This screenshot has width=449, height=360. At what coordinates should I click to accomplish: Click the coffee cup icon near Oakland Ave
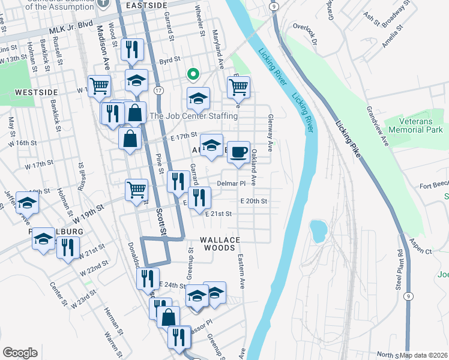pos(239,152)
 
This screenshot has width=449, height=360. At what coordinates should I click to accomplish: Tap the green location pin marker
pos(193,74)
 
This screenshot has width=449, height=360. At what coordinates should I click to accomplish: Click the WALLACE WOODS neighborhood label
pos(220,243)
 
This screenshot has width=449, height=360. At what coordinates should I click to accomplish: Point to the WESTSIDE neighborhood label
pos(36,92)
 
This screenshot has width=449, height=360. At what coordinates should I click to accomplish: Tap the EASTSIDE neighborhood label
pos(147,5)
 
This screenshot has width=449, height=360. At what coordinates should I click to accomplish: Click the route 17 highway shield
pos(158,90)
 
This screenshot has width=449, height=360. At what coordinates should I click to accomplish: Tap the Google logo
pos(20,353)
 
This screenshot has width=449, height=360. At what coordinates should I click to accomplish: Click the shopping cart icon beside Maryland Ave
pos(239,88)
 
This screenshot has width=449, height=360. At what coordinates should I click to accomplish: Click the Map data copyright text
pos(424,355)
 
